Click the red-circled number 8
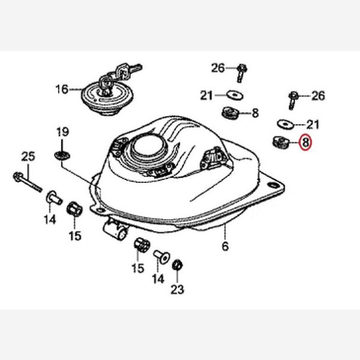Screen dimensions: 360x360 point(305,142)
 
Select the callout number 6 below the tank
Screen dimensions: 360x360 point(225,246)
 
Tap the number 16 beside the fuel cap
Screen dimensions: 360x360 point(62,89)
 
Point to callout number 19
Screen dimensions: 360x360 point(62,132)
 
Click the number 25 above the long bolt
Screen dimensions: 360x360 point(28,157)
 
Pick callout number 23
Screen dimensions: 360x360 point(177,289)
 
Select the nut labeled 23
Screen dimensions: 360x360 point(177,266)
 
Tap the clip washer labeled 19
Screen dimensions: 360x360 point(62,155)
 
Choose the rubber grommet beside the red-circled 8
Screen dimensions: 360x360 point(281,142)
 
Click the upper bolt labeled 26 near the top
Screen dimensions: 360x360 point(241,73)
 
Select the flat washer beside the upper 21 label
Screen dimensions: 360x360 point(235,95)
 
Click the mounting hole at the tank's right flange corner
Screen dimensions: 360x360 point(273,185)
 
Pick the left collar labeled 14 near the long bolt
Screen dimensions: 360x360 point(54,198)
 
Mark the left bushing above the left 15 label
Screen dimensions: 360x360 point(74,208)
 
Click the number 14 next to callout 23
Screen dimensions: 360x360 point(158,279)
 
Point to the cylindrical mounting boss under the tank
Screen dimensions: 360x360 point(116,229)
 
